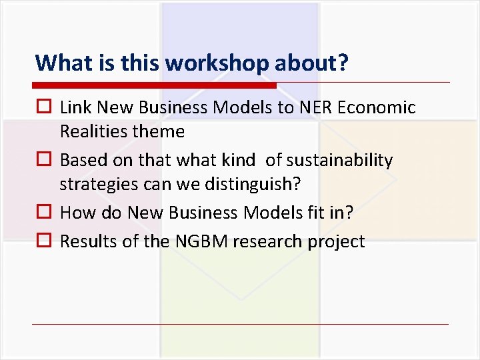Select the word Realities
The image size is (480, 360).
pyautogui.click(x=92, y=132)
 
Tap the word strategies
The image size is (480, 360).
pyautogui.click(x=93, y=185)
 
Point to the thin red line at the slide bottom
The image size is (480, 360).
pyautogui.click(x=240, y=324)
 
